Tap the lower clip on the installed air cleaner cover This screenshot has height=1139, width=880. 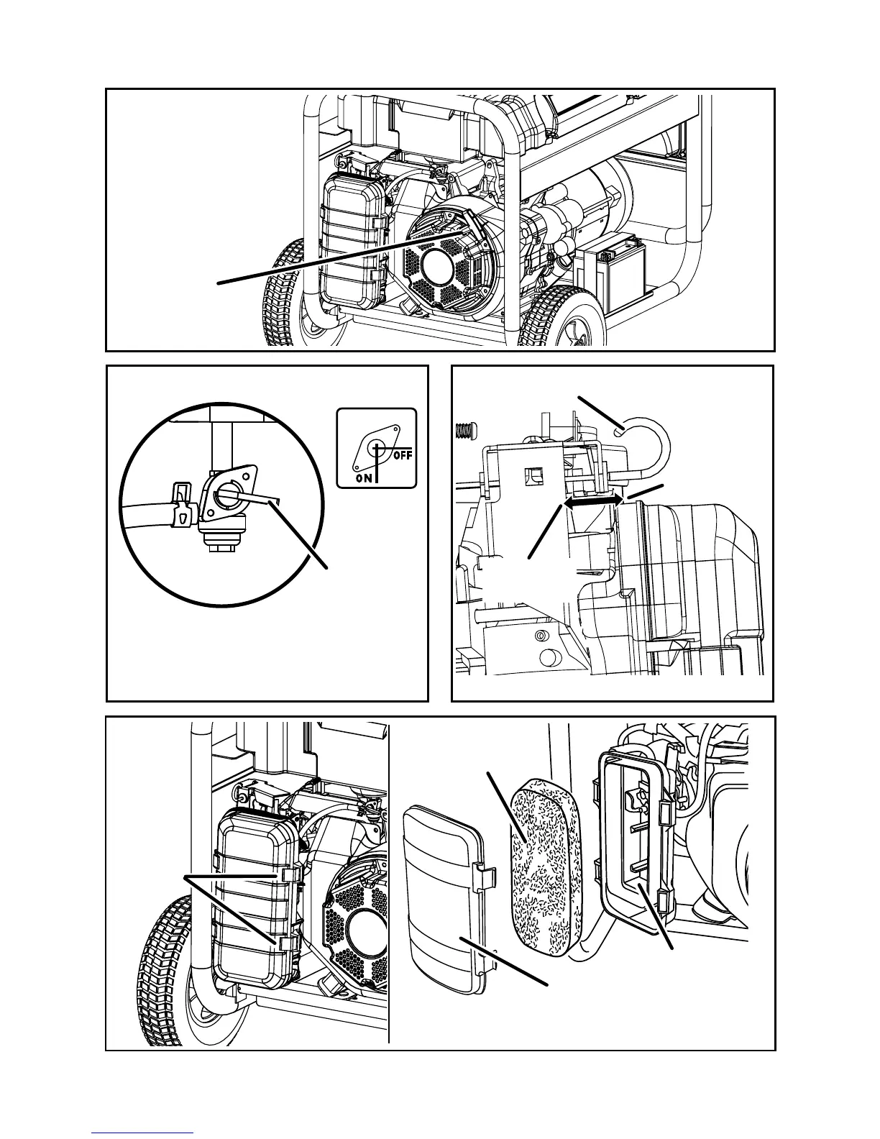(287, 941)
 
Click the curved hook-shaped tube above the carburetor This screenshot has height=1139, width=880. (648, 438)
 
